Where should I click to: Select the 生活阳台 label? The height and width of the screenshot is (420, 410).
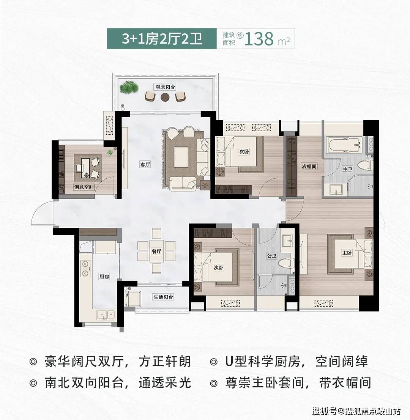[163, 297]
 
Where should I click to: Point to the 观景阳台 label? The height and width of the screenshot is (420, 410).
[165, 87]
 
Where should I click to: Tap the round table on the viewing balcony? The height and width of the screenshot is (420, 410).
[166, 97]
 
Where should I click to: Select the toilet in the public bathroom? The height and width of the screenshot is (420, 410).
[286, 262]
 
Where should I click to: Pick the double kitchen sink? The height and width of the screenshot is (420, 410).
[106, 314]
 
